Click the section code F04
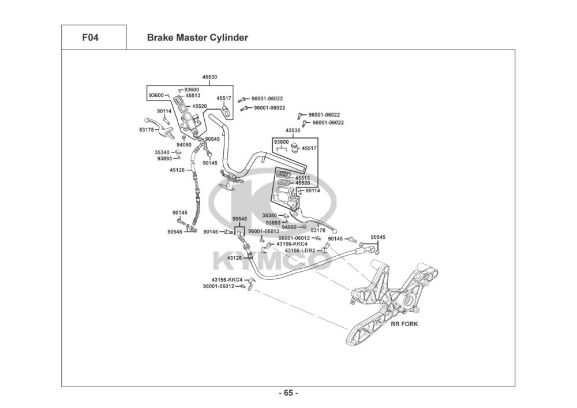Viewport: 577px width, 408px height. click(x=90, y=38)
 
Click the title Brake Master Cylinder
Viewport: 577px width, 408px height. click(x=197, y=38)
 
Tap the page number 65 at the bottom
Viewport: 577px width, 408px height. click(x=288, y=393)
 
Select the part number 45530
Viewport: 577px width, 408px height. click(x=209, y=77)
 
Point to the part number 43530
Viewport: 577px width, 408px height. click(x=293, y=130)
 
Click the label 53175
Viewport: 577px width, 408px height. click(x=147, y=130)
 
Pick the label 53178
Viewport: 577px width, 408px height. click(x=318, y=230)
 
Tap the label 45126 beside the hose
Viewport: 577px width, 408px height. click(x=177, y=170)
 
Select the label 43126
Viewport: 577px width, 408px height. click(x=234, y=258)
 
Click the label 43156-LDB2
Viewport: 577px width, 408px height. click(x=300, y=250)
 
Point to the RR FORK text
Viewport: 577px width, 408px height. click(x=404, y=324)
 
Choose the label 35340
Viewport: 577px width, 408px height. click(x=162, y=152)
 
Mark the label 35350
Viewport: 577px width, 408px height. click(x=269, y=216)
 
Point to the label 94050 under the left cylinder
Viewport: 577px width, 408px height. click(x=184, y=145)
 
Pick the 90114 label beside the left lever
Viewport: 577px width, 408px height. click(x=164, y=111)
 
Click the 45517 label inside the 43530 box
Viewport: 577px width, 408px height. click(x=309, y=148)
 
